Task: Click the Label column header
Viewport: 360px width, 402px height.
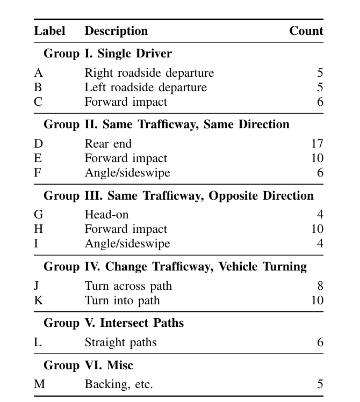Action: [x=49, y=31]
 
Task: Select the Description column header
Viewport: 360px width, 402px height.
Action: [x=116, y=31]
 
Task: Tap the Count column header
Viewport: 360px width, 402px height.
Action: [x=306, y=31]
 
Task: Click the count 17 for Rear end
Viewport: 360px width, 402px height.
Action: [x=317, y=144]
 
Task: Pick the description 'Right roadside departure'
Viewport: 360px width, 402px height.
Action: [x=149, y=73]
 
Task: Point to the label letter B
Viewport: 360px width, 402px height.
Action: [x=38, y=87]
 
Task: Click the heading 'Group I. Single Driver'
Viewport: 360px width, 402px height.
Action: [x=107, y=54]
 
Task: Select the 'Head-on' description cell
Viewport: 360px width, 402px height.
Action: [x=106, y=215]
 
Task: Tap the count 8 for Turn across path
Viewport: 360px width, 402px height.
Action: [x=320, y=286]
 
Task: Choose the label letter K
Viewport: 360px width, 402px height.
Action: [x=38, y=300]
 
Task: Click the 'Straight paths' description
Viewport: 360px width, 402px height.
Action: [x=120, y=342]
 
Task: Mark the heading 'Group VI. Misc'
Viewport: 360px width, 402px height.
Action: [x=88, y=366]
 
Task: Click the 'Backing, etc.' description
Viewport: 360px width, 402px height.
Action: [x=119, y=384]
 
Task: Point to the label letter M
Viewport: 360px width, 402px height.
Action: [x=39, y=384]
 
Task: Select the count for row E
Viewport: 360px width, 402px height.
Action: [x=317, y=158]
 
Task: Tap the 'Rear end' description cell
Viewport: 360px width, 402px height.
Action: [x=108, y=144]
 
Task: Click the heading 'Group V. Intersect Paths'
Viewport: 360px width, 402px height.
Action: [x=113, y=323]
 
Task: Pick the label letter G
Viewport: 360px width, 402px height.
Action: [x=38, y=215]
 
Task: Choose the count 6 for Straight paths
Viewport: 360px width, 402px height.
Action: [x=320, y=342]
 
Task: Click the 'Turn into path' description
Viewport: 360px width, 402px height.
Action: [x=122, y=300]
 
